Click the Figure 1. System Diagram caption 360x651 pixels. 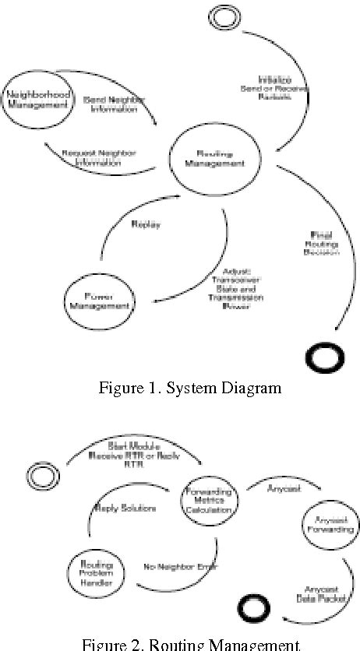pyautogui.click(x=189, y=388)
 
